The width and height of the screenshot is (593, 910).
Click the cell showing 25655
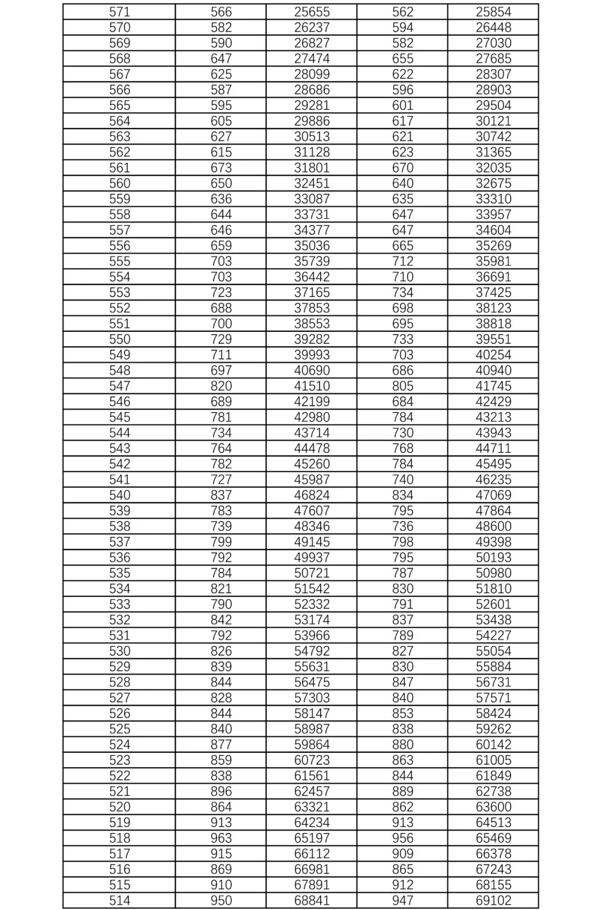click(x=311, y=12)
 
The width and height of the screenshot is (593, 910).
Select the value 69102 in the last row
click(x=493, y=900)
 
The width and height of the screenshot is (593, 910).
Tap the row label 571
click(x=119, y=12)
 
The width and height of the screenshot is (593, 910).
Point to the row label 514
click(x=119, y=900)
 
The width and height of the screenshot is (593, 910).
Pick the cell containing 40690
click(x=311, y=370)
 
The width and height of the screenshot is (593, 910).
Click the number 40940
click(x=493, y=370)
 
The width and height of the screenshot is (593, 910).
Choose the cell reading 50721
click(x=311, y=573)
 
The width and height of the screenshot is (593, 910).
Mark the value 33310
click(x=493, y=199)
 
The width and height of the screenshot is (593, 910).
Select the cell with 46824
click(x=311, y=495)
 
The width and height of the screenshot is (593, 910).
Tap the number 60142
click(x=493, y=744)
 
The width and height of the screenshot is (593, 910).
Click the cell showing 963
click(x=221, y=838)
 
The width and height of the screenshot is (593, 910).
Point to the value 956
click(x=402, y=838)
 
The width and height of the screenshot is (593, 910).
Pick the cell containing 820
click(x=221, y=386)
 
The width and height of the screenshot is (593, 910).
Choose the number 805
click(x=402, y=386)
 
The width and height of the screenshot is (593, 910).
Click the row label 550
click(x=119, y=339)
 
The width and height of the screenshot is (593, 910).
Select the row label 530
click(x=119, y=651)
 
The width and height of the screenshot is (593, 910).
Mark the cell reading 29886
click(x=311, y=121)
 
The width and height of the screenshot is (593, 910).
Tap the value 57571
click(x=493, y=697)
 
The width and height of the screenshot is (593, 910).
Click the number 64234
click(x=311, y=822)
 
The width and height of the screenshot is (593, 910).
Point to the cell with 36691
click(x=493, y=277)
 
